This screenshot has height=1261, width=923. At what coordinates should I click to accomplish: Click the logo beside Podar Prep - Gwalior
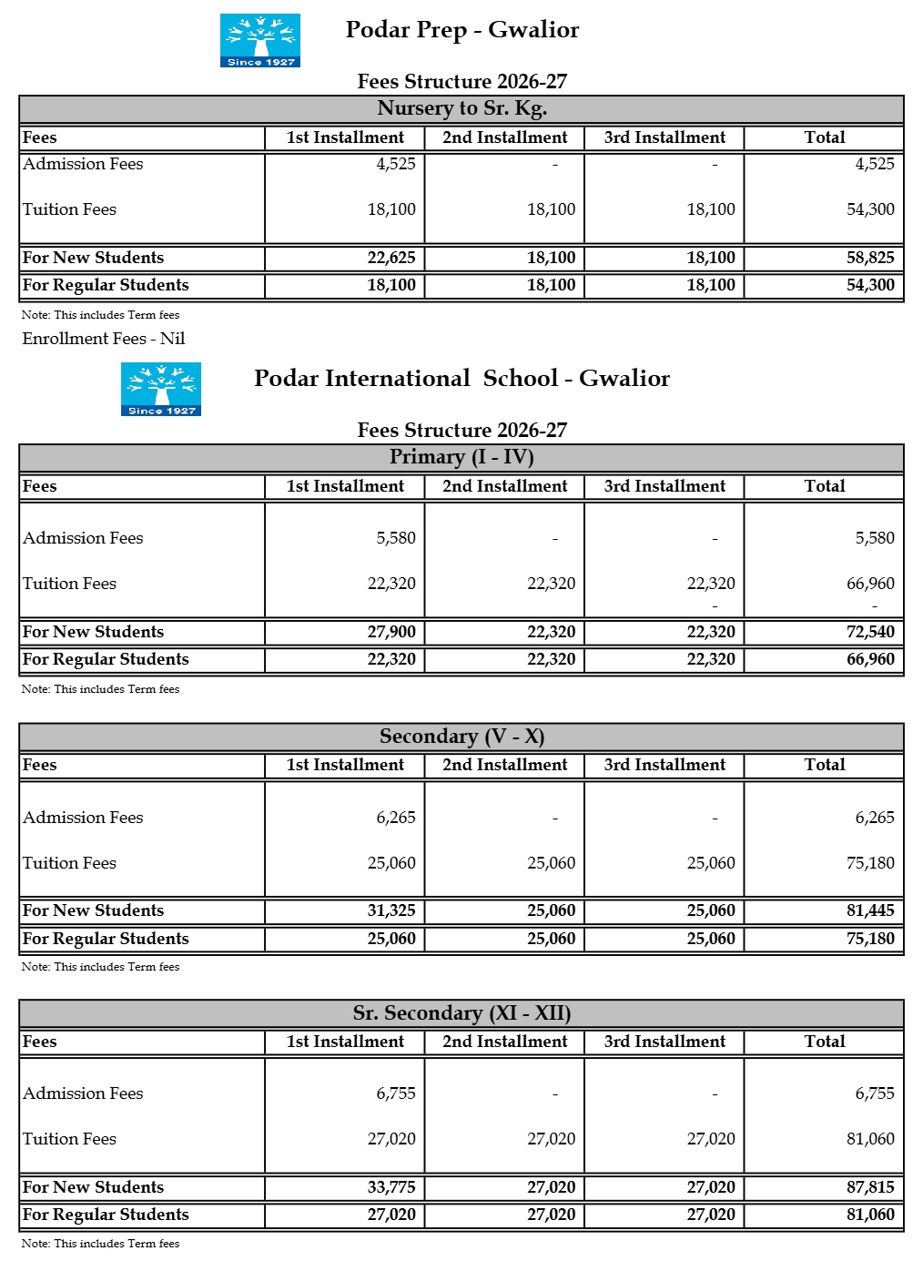click(x=260, y=40)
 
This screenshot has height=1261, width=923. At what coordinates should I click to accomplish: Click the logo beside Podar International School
click(x=161, y=389)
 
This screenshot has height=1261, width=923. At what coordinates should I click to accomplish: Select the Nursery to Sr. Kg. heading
click(x=461, y=108)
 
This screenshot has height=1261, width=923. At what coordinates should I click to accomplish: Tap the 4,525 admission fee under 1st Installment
click(x=396, y=164)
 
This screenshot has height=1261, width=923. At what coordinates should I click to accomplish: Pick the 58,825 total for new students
click(x=870, y=258)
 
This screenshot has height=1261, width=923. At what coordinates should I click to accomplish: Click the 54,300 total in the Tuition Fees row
click(x=870, y=209)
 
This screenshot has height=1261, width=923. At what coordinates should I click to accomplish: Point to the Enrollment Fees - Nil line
click(x=104, y=339)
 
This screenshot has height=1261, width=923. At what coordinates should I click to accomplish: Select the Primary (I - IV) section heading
click(x=461, y=457)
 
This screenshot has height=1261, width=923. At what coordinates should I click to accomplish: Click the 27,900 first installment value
click(x=391, y=632)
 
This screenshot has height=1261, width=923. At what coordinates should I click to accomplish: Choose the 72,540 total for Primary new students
click(x=870, y=632)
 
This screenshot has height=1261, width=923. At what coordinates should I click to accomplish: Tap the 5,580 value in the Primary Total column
click(x=875, y=538)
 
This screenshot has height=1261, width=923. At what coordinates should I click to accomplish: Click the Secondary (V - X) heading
click(x=461, y=737)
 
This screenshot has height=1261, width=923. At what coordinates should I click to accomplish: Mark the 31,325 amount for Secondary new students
click(x=391, y=910)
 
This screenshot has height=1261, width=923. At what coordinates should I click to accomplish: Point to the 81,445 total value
click(x=870, y=910)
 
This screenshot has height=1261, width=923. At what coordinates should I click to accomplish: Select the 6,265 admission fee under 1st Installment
click(x=396, y=818)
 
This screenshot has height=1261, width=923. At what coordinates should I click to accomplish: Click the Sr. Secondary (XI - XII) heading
click(x=461, y=1013)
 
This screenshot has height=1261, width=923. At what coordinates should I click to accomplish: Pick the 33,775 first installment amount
click(x=391, y=1187)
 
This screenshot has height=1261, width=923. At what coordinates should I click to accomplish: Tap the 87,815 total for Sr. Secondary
click(x=870, y=1187)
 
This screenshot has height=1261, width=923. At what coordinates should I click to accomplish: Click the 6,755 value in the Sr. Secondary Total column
click(x=875, y=1093)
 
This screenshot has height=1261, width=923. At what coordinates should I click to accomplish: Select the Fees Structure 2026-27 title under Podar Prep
click(x=461, y=82)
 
